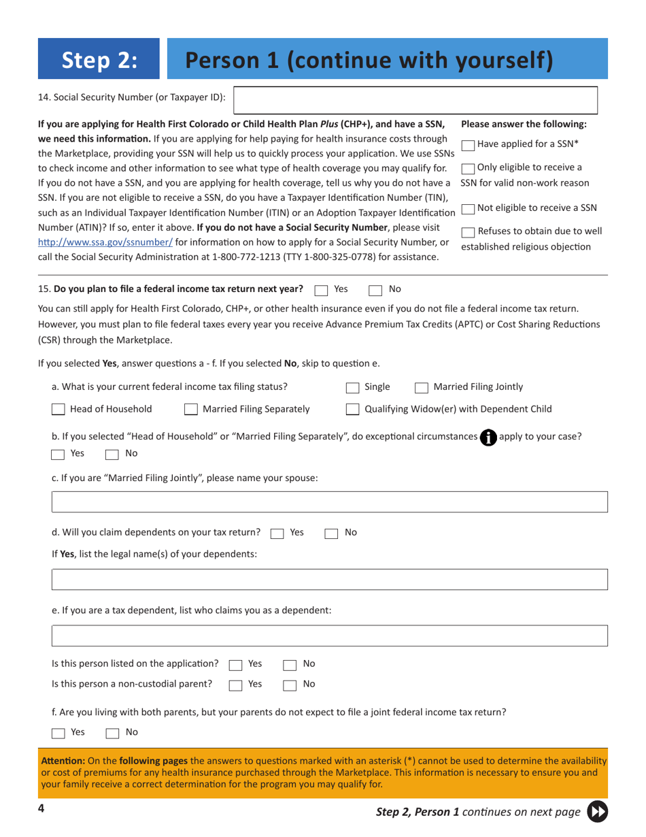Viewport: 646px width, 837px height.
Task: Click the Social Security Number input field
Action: (x=415, y=99)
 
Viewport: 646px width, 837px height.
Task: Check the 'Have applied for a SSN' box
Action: (x=469, y=144)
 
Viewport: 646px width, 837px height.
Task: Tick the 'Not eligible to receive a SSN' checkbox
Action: (x=469, y=208)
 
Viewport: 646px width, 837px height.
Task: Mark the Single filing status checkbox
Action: (x=352, y=387)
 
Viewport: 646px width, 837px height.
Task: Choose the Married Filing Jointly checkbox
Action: (x=421, y=387)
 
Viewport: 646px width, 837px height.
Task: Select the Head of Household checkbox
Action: (x=59, y=410)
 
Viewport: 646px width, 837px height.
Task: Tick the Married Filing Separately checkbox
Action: (x=191, y=410)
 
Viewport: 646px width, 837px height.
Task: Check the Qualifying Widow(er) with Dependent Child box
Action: (x=352, y=410)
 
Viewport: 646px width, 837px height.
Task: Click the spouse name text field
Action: (x=330, y=502)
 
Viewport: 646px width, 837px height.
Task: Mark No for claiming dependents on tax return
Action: (x=331, y=533)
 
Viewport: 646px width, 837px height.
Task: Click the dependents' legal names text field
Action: (x=330, y=580)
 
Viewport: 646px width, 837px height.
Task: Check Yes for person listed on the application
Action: (x=235, y=664)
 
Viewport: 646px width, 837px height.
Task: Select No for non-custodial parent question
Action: (x=289, y=685)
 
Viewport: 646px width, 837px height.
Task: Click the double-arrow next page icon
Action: (x=597, y=811)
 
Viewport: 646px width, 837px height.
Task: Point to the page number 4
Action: (x=42, y=808)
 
